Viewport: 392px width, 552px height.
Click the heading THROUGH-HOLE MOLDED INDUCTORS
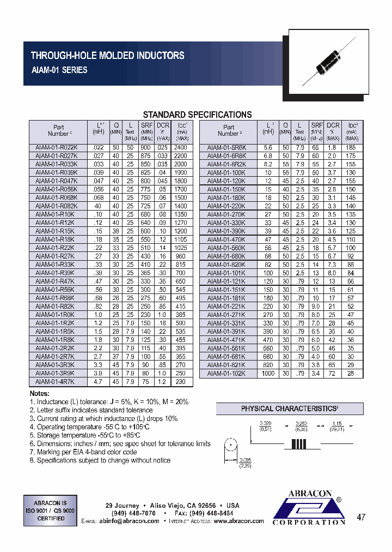[107, 56]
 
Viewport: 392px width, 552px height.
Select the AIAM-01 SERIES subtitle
[59, 70]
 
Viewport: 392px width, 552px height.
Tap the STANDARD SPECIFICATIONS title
[197, 115]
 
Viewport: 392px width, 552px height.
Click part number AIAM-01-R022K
[57, 148]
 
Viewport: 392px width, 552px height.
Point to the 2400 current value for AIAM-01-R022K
[180, 148]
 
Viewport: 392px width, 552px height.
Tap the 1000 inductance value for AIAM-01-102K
[268, 374]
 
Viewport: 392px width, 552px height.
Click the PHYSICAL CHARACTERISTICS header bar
[290, 409]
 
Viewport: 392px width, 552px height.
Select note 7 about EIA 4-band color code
[83, 452]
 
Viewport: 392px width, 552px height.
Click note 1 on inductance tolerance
[109, 401]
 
